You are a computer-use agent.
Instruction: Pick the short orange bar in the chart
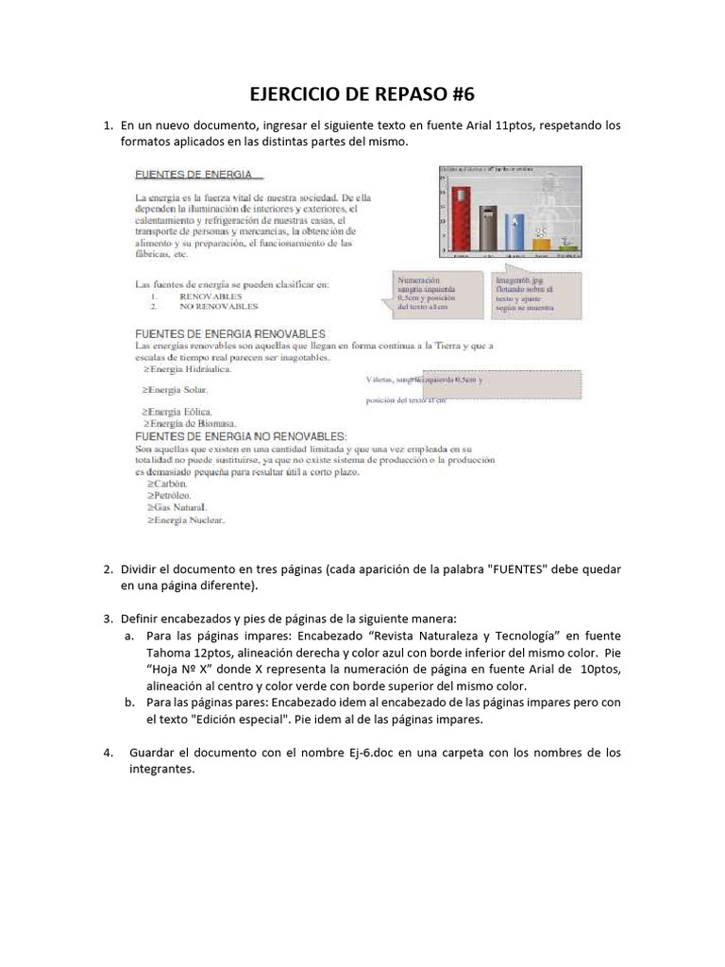tap(542, 243)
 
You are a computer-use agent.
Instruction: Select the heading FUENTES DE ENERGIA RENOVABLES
tap(230, 333)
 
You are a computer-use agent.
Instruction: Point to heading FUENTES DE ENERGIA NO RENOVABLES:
tap(241, 436)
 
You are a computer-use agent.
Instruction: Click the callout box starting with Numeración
tap(430, 294)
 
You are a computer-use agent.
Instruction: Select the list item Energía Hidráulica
tap(186, 369)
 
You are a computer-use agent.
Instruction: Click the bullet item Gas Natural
tap(177, 507)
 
